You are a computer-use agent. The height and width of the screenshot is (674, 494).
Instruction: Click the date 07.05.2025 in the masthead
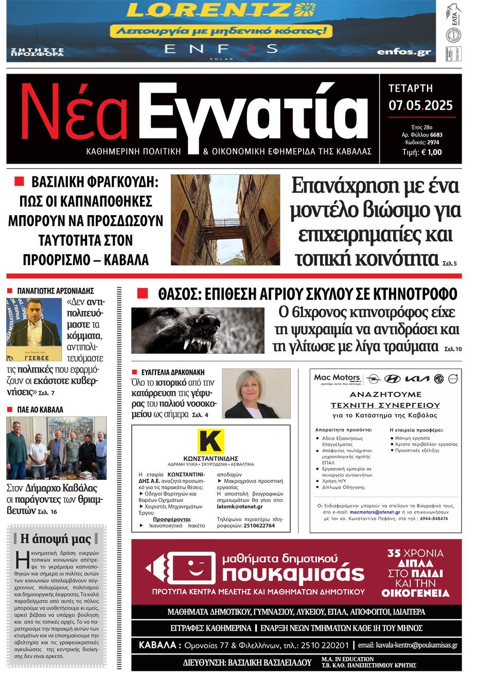pos(420,106)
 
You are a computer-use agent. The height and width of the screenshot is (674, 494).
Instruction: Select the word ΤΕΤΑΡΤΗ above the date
pos(410,89)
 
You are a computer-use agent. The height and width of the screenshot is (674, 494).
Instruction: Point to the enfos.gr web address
pos(404,51)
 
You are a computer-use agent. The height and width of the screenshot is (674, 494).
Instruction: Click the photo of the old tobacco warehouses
pos(225,220)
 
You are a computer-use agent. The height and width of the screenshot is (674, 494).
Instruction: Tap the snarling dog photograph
pos(198,330)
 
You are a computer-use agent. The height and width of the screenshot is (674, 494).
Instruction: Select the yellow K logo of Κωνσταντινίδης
pos(211,441)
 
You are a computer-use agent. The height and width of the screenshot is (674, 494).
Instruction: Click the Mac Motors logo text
pos(337,377)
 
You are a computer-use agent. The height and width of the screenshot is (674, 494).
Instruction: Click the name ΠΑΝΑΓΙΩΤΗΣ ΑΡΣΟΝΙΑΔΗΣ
pos(56,291)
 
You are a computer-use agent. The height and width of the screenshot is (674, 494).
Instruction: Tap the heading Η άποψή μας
pos(55,539)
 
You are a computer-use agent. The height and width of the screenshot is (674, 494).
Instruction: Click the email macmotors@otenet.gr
pos(375,512)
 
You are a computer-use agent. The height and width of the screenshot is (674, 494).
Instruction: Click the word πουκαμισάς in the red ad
pos(293,574)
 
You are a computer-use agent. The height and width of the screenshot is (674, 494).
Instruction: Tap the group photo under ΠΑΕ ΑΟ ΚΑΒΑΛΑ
pos(57,448)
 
